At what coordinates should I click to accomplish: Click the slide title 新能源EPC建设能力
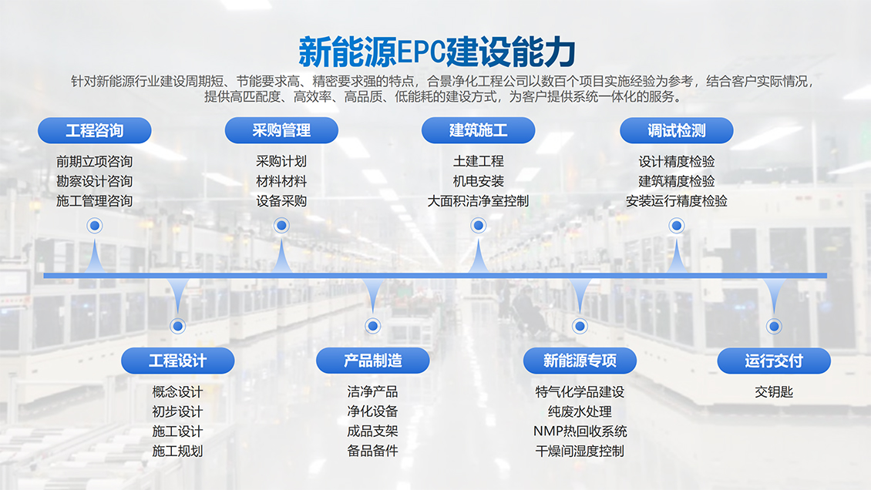coord(436,52)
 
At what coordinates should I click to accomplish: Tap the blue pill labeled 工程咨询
coord(94,130)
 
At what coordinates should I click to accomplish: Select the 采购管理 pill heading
coord(281,130)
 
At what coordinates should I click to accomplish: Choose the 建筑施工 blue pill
coord(478,130)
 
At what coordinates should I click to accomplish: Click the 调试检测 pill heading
coord(676,130)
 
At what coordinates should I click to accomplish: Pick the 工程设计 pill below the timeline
coord(178,361)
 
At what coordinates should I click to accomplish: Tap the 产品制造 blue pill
coord(372,361)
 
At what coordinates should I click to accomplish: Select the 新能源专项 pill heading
coord(580,361)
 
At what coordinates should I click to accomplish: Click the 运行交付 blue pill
coord(774,361)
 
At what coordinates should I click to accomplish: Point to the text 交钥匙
coord(774,392)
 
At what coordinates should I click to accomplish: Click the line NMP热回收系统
coord(580,431)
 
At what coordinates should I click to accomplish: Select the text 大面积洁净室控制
coord(478,201)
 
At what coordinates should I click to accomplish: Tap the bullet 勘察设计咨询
coord(94,182)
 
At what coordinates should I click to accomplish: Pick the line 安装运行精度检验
coord(676,201)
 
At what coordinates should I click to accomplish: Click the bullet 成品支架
coord(372,431)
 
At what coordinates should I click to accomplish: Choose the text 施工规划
coord(178,451)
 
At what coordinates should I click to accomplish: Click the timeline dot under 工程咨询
coord(95,226)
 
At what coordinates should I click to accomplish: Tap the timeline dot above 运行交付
coord(774,326)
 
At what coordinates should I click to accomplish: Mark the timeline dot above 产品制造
coord(372,326)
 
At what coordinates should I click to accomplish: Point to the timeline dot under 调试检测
coord(676,226)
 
